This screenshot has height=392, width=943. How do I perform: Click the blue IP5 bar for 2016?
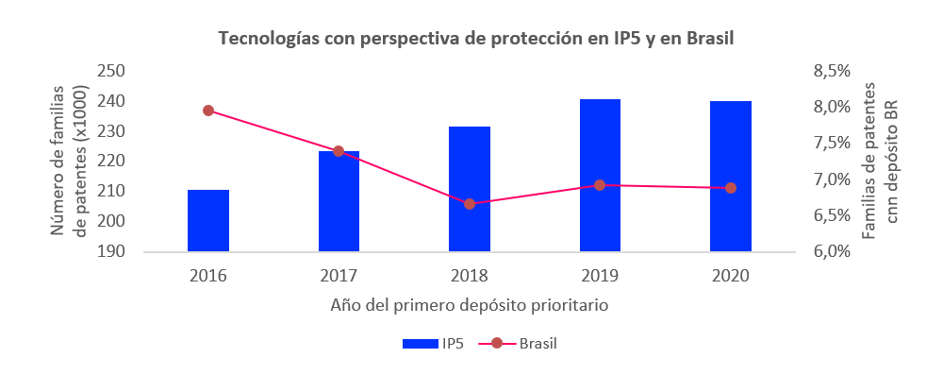[208, 221]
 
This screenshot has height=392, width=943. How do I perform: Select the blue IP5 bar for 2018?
[470, 189]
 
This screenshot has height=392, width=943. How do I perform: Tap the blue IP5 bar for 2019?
[600, 176]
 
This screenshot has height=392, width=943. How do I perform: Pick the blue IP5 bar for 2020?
[731, 177]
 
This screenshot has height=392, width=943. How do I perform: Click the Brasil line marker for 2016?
[208, 111]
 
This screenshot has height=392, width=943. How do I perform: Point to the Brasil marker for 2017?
[339, 151]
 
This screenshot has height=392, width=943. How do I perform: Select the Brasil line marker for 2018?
[470, 203]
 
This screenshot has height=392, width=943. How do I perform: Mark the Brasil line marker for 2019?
[600, 185]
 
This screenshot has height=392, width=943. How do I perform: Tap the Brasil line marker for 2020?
[731, 188]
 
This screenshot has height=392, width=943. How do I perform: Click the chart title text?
[475, 39]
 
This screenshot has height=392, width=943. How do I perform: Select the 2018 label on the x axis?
[470, 276]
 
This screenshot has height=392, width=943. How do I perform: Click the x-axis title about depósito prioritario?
[469, 306]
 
